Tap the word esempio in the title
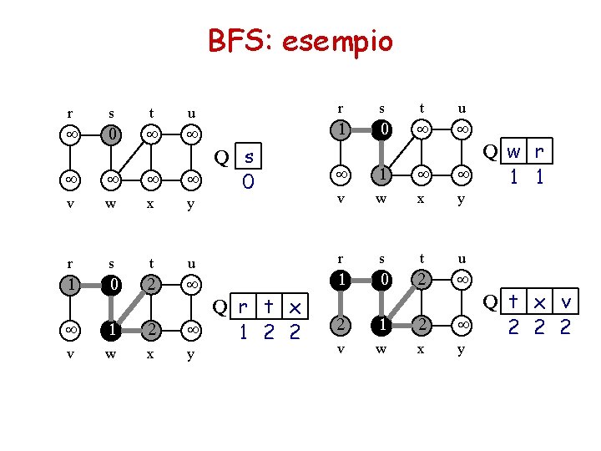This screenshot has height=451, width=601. point(337,41)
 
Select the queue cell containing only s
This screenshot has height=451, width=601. point(248,157)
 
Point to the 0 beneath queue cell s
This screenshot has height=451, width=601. point(248,180)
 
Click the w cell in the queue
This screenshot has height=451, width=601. point(513,152)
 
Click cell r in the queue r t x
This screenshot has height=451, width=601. point(243,308)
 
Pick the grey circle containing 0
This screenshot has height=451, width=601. point(110,134)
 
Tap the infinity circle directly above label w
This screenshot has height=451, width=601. point(110,178)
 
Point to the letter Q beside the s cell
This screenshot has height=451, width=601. point(222,157)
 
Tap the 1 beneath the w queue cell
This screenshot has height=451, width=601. point(513,176)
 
